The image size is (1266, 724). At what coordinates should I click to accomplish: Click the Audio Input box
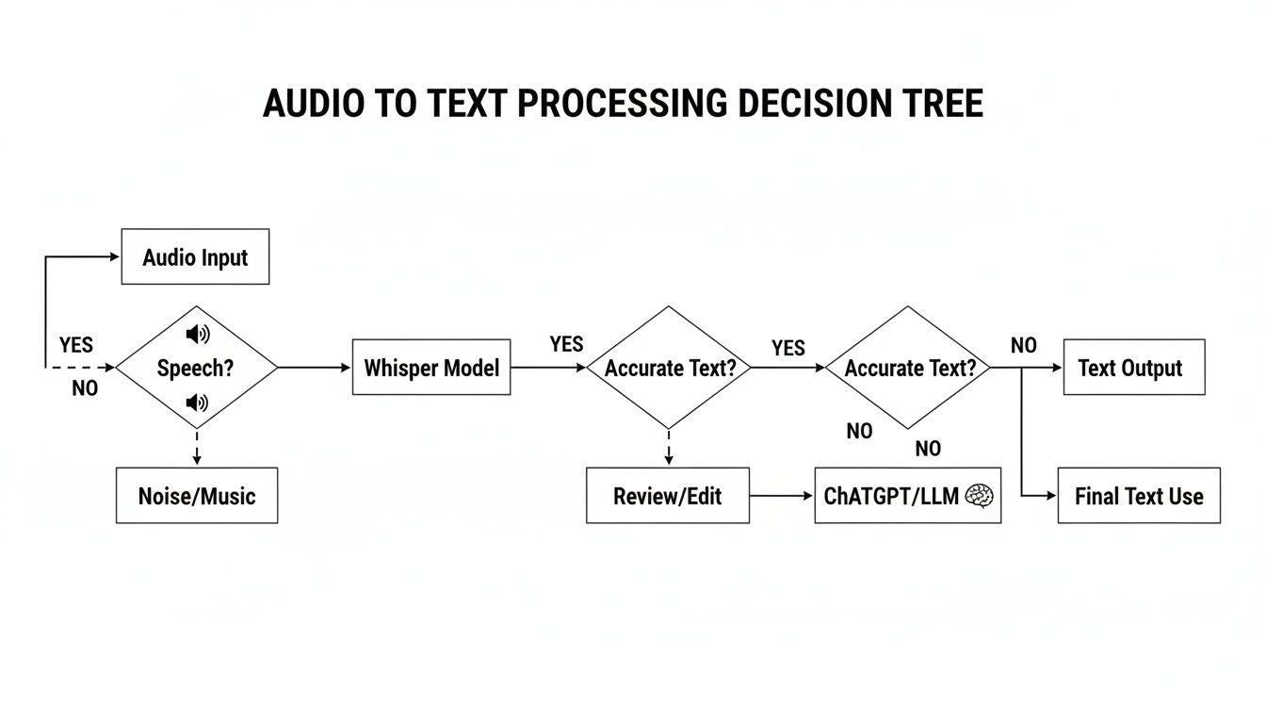195,256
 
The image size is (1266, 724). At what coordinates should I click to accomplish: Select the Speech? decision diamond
196,368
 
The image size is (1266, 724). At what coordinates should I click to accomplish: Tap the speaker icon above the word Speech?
198,335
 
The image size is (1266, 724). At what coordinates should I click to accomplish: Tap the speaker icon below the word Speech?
197,403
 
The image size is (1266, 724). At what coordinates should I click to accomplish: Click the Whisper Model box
431,368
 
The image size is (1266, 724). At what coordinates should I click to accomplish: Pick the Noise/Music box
197,496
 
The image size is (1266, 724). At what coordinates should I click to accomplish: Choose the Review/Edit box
668,496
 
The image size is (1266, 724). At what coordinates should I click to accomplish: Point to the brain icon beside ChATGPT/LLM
980,496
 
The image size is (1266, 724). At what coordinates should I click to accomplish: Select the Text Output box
1134,368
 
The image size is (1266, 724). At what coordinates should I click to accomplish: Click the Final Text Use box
1138,496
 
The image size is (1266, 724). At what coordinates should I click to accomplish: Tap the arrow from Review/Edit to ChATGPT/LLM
782,496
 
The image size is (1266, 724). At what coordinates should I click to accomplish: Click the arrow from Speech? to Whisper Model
315,368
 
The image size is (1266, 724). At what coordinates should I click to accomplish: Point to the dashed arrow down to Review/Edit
669,448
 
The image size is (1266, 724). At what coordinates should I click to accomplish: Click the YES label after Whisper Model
566,345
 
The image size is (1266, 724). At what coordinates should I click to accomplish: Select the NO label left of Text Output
1023,346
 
